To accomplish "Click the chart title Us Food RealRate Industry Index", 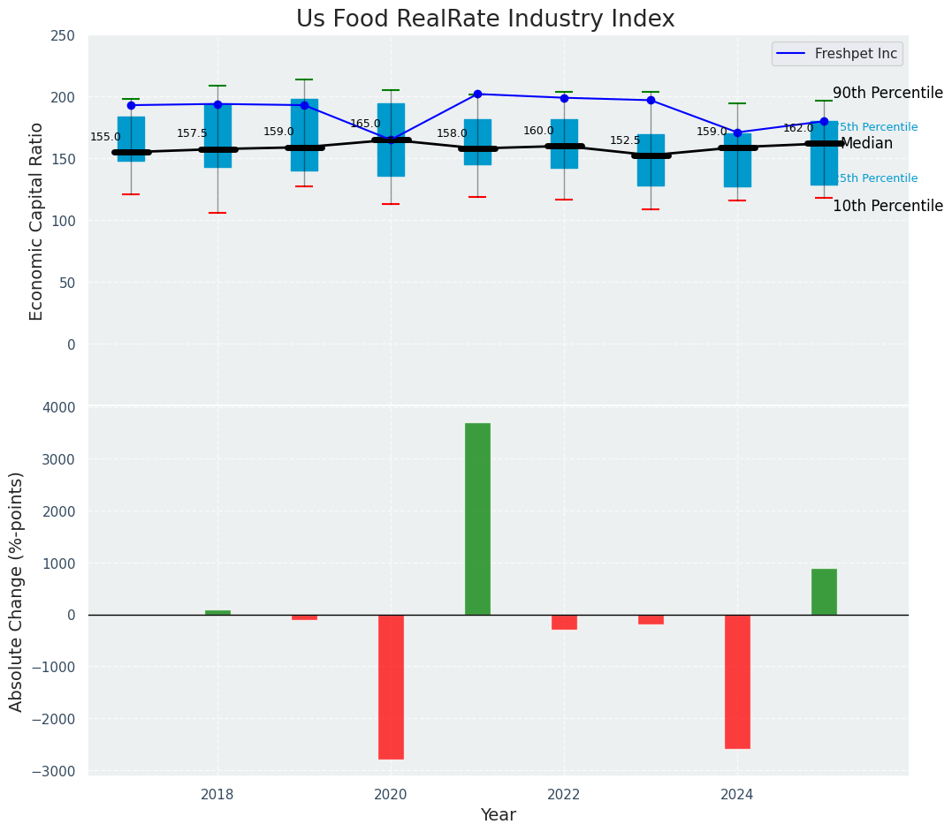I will (x=485, y=19).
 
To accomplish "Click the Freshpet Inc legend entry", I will (x=835, y=54).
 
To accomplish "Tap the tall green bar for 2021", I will (x=477, y=518).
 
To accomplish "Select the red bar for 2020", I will (x=391, y=686).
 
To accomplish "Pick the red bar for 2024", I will (x=737, y=681).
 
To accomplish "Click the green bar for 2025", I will (x=824, y=592).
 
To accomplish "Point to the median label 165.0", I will (x=365, y=125).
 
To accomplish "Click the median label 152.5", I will (x=625, y=141).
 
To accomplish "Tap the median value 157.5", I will (x=192, y=134).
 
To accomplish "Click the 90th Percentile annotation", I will (x=887, y=94).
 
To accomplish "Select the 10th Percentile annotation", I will (x=887, y=207).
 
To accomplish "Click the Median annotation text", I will (x=866, y=144).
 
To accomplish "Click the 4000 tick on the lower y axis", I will (x=59, y=407).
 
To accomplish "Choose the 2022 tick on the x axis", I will (x=564, y=795).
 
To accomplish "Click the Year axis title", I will (x=498, y=815).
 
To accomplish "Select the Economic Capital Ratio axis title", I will (x=37, y=221).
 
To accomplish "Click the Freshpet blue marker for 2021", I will (x=477, y=94).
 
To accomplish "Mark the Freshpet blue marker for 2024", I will (x=737, y=132).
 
